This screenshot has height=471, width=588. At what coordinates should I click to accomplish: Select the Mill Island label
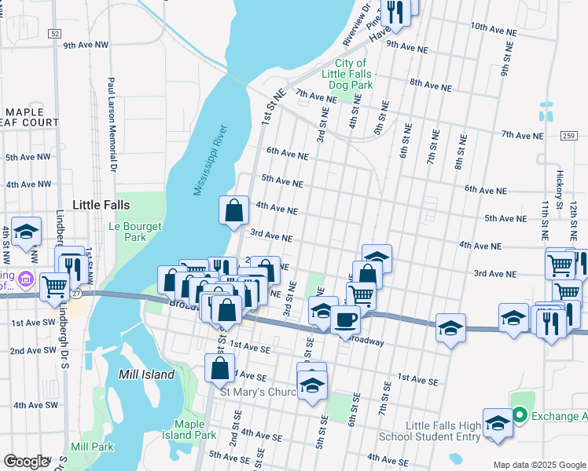[146, 375]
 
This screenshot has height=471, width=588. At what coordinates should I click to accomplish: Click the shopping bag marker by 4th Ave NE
[234, 210]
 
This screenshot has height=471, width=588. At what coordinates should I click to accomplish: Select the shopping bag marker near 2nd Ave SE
[220, 367]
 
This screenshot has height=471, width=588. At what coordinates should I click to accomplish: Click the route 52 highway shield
[53, 34]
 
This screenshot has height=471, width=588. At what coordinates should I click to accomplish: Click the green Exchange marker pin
[519, 415]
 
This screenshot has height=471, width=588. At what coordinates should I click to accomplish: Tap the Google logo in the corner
[26, 461]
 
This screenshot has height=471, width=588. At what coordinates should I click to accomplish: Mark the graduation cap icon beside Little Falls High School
[498, 423]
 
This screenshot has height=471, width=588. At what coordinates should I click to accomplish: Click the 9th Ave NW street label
[85, 46]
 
